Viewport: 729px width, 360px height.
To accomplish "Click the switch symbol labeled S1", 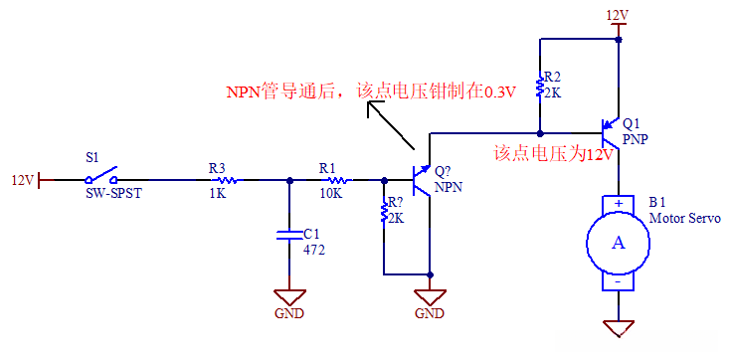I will pos(100,176).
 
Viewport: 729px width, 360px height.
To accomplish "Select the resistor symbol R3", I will pos(226,180).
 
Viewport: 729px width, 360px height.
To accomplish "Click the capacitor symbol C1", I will pos(289,236).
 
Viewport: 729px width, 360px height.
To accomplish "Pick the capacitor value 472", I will pos(314,250).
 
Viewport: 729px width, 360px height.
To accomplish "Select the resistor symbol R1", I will pos(335,180).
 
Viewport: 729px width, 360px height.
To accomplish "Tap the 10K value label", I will pos(330,194).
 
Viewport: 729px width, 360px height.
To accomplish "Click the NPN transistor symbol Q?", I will pos(423,181).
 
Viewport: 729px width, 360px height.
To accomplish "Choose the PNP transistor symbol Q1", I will pos(611,130).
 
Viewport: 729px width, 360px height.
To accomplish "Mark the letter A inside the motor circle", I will pos(618,243).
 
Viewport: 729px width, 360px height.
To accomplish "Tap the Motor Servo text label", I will pos(684,218).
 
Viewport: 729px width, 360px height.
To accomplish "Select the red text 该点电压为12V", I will pos(554,154).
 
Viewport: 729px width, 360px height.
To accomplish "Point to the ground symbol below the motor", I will pos(619,326).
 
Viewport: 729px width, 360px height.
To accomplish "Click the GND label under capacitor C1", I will pos(289,313).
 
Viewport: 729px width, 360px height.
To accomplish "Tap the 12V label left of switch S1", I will pos(22,180).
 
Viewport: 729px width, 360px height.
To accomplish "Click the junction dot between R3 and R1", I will pos(289,180).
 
